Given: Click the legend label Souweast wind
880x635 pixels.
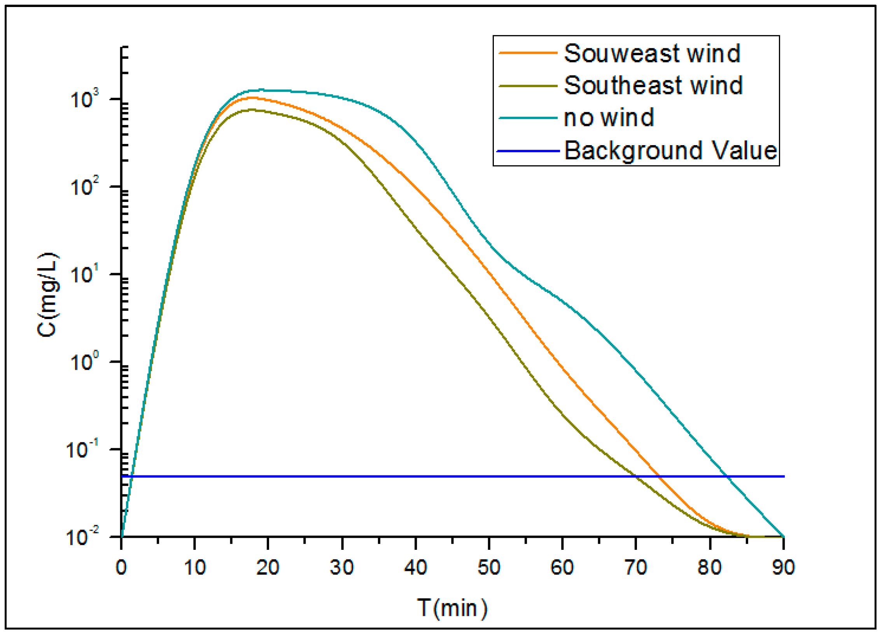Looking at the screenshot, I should [652, 53].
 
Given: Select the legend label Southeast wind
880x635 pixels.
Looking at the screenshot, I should [653, 86].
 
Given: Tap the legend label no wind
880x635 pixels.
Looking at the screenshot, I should [609, 118].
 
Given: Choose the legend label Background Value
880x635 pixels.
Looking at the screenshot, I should [670, 151].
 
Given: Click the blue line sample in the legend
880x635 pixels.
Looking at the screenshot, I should [528, 151].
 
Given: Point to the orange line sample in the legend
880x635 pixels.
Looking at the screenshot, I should [528, 53].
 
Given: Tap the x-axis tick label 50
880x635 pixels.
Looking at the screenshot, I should [488, 567].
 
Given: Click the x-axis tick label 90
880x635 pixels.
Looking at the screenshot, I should [783, 567].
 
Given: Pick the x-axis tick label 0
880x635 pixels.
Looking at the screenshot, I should [121, 567].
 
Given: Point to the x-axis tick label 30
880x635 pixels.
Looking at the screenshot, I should [341, 567].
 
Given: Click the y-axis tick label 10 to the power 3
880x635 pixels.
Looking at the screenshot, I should [84, 99].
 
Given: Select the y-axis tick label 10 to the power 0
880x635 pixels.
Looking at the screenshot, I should [84, 362].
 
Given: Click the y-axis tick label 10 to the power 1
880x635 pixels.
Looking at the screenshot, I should [84, 274].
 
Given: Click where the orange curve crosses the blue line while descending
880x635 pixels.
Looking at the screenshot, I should [659, 476].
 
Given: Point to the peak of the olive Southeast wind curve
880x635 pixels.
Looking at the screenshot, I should [252, 110].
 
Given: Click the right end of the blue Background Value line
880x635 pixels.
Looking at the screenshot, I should [784, 476].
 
